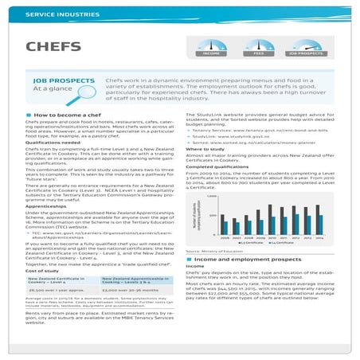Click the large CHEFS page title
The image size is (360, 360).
(x=49, y=45)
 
